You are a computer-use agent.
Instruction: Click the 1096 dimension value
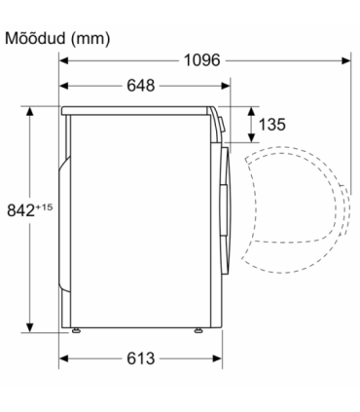pos(201,60)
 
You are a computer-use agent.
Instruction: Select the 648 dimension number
pos(141,86)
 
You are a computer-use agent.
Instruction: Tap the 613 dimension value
pos(141,358)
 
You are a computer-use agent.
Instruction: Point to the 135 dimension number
pos(272,125)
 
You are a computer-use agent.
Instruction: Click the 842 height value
pos(20,210)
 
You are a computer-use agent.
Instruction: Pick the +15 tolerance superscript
pos(44,206)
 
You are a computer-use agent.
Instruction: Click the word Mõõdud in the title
pos(35,38)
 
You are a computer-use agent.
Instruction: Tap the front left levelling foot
pos(76,330)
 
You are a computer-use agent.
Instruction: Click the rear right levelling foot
pos(198,330)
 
